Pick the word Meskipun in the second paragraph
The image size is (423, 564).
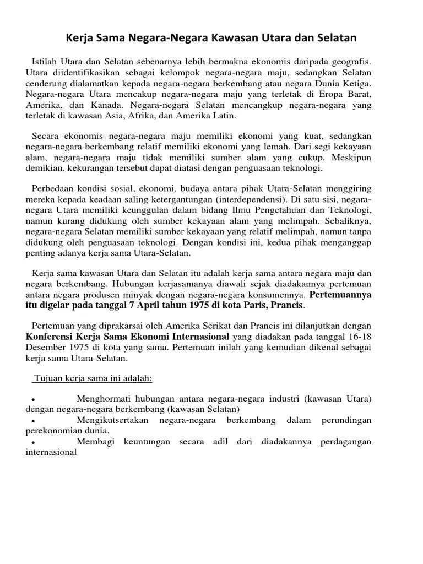coord(352,157)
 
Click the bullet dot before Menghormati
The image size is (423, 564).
coord(34,399)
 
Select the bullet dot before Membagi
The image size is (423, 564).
coord(34,443)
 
